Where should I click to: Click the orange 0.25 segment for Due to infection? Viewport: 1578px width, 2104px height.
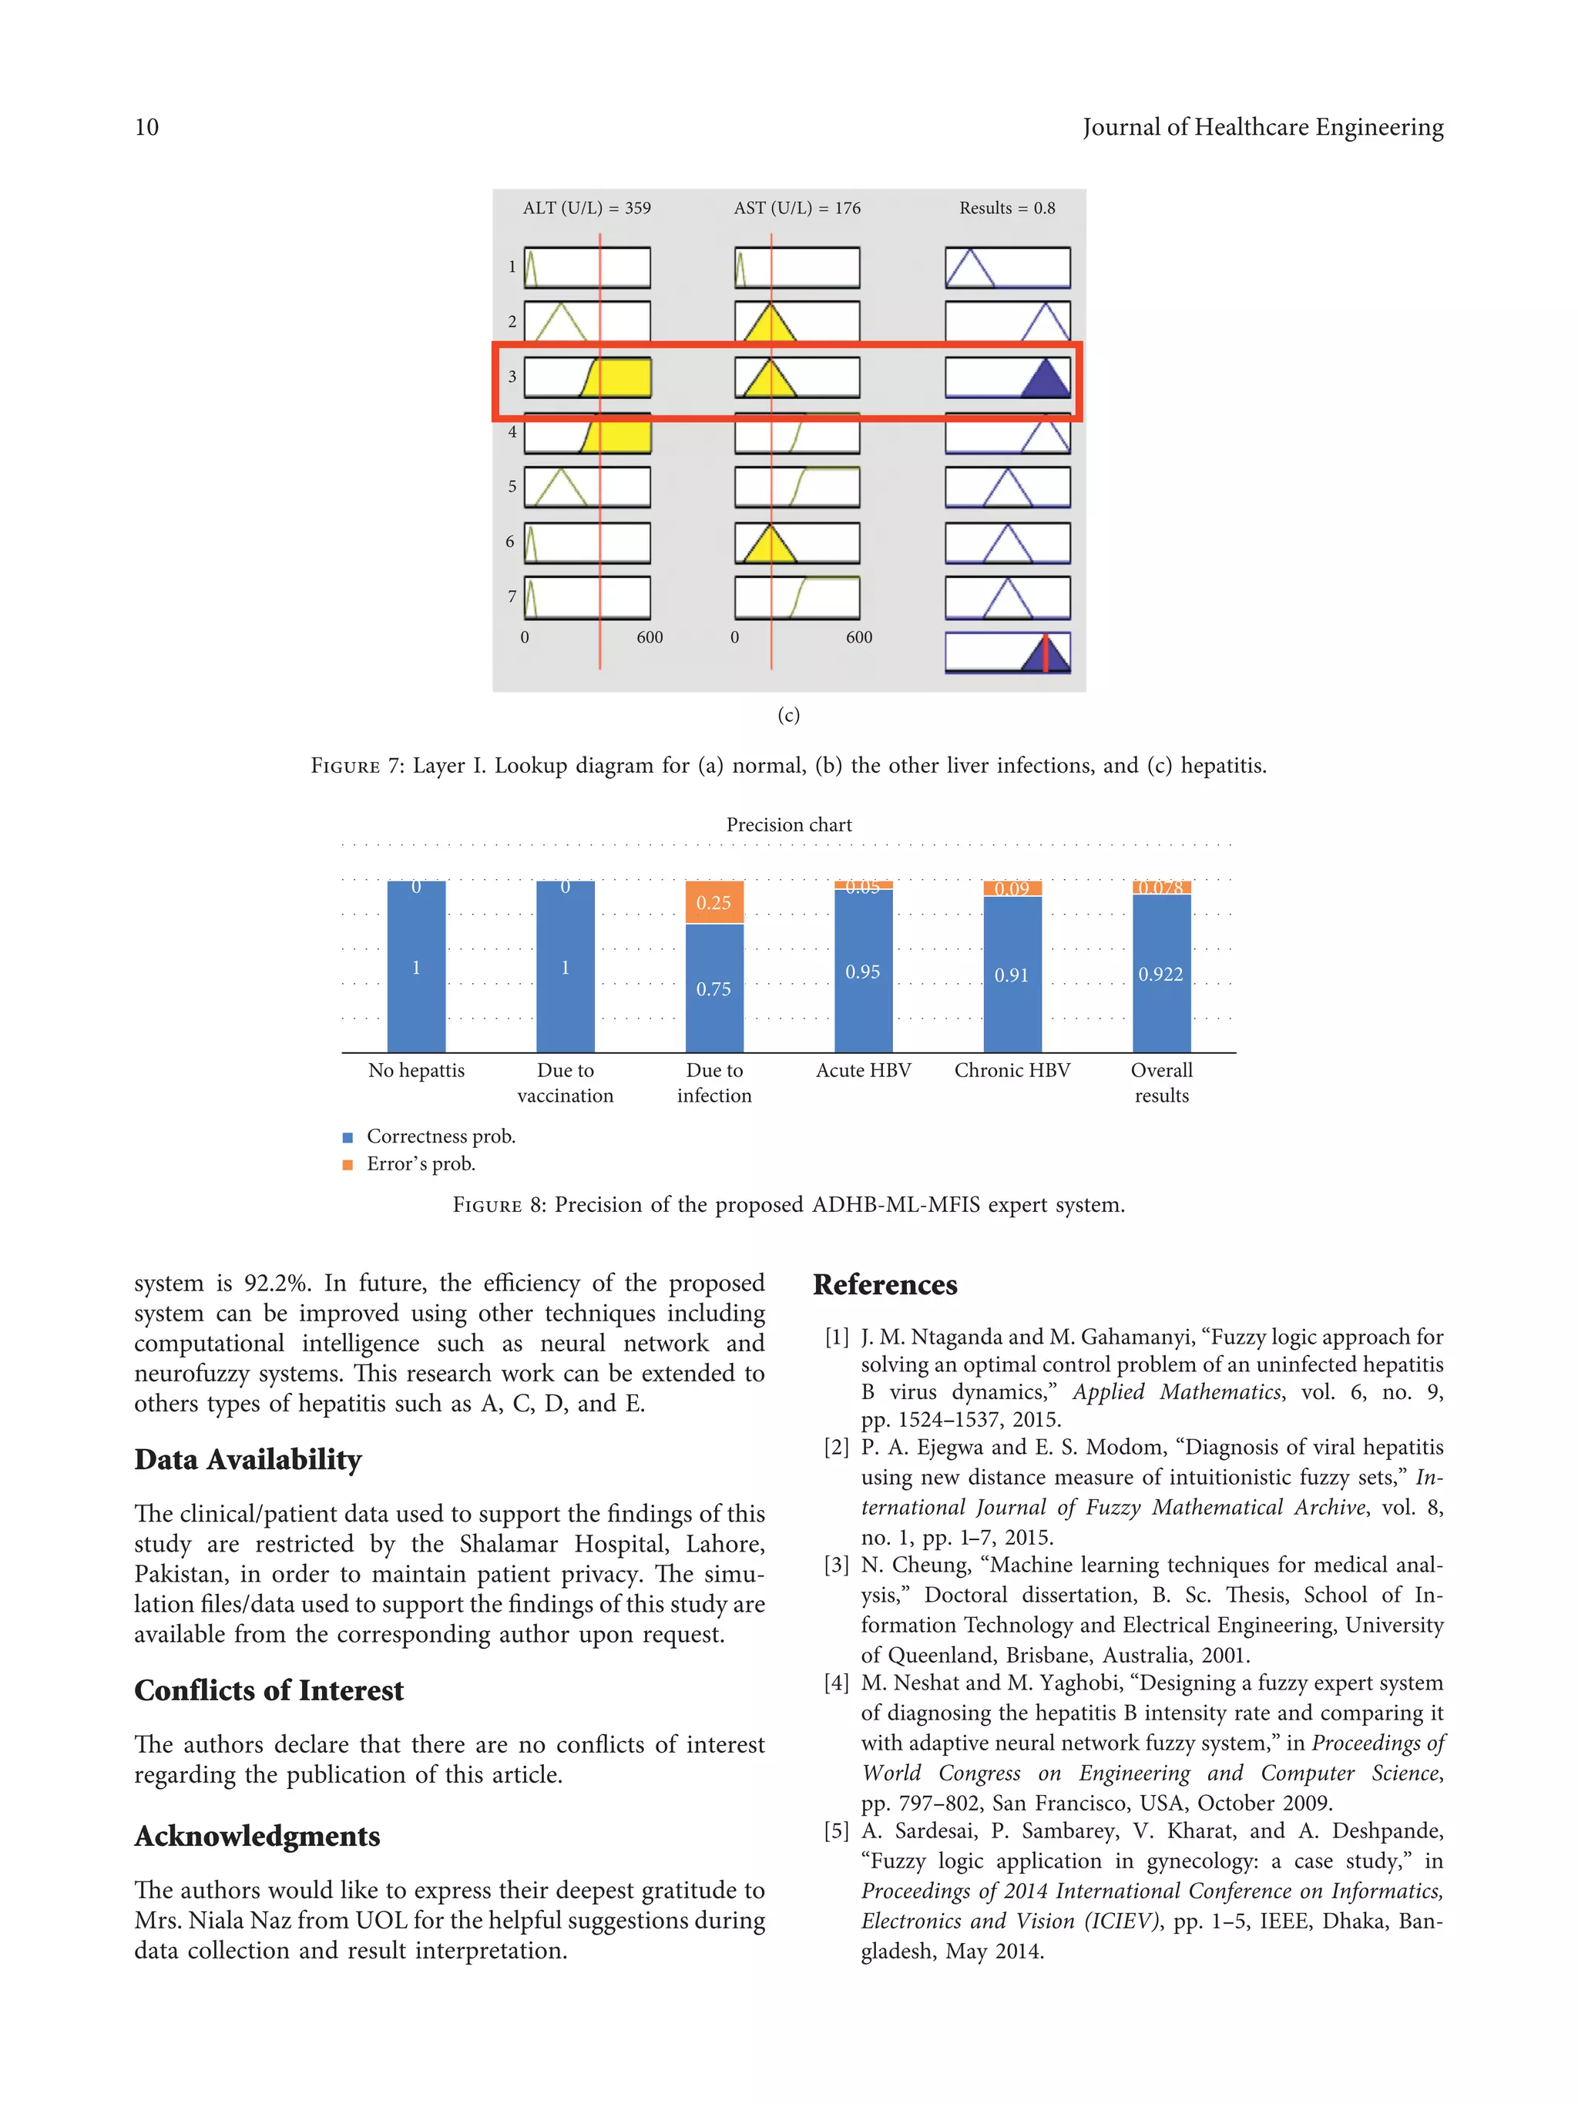[x=713, y=901]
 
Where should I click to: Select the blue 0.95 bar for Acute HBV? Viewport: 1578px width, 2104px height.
[x=863, y=971]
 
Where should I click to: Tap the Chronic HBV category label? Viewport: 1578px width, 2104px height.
[x=1011, y=1070]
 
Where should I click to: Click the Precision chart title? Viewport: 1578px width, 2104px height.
[x=788, y=824]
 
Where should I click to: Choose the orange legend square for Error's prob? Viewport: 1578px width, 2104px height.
[x=347, y=1165]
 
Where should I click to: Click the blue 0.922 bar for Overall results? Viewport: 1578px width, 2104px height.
[x=1160, y=973]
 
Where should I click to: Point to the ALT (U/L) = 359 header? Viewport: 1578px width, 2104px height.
[x=587, y=208]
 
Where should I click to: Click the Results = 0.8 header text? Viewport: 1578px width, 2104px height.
[x=1006, y=208]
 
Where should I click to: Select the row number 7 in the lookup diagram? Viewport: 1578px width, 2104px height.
[x=512, y=596]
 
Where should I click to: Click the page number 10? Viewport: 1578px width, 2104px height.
[x=146, y=127]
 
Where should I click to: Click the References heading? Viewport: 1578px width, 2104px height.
[x=885, y=1285]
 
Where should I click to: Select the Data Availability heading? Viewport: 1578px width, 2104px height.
[x=247, y=1459]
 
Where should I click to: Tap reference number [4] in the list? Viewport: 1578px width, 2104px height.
[x=836, y=1683]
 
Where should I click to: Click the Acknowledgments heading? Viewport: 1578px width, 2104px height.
[x=257, y=1836]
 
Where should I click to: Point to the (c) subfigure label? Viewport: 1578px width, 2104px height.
[x=788, y=715]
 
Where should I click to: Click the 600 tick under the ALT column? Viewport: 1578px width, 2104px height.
[x=650, y=637]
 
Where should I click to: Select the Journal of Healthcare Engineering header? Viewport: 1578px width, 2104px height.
[x=1262, y=127]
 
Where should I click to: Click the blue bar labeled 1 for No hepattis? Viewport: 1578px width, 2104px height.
[x=415, y=968]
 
